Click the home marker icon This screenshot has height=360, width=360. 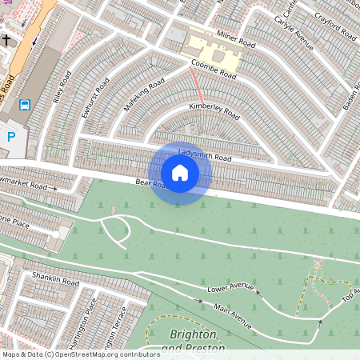click(x=180, y=172)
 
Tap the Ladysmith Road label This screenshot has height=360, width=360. click(x=205, y=154)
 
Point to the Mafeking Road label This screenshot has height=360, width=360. click(x=144, y=94)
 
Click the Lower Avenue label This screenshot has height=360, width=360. click(x=230, y=288)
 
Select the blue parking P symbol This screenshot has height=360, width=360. click(x=11, y=137)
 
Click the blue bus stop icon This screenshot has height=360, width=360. click(x=25, y=104)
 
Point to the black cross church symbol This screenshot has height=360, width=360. click(x=6, y=39)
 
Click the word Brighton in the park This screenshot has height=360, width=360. click(x=194, y=334)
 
